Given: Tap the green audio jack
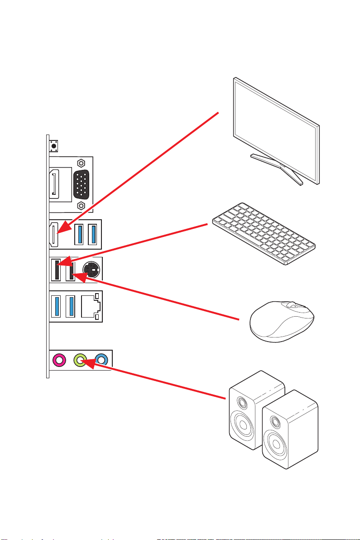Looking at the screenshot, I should (80, 360).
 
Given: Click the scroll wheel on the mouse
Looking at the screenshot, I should (292, 306).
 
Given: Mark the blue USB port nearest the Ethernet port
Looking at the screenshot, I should (70, 306).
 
